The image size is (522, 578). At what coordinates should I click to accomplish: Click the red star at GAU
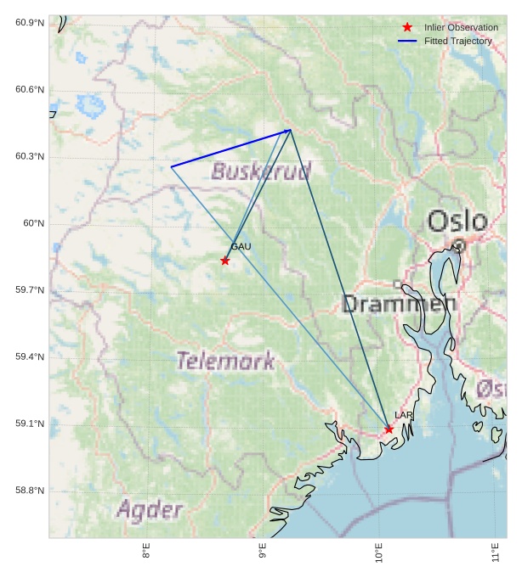point(224,261)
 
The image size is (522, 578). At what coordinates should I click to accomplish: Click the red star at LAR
point(389,429)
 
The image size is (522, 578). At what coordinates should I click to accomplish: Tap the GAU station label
point(241,247)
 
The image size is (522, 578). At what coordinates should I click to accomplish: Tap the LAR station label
point(404,415)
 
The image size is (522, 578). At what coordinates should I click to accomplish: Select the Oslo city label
point(457,222)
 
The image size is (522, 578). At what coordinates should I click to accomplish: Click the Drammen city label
point(399,303)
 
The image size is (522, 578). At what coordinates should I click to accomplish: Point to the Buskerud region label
point(261,171)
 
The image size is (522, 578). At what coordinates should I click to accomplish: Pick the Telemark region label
point(225,361)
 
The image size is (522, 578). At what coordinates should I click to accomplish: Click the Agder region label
point(150,510)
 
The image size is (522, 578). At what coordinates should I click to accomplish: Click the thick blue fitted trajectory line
point(230,149)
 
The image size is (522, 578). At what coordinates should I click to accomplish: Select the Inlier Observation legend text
point(461,28)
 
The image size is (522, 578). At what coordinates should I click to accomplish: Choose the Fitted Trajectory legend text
point(457,41)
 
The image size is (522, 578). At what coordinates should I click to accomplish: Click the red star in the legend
point(407,28)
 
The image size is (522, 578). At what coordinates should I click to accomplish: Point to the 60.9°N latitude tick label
point(30,23)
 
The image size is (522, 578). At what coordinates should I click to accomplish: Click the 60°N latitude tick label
point(33,224)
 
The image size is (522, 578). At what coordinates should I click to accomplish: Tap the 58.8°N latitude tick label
point(30,491)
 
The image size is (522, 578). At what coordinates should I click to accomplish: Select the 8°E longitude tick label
point(146,551)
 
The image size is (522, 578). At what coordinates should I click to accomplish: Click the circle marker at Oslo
point(459,245)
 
